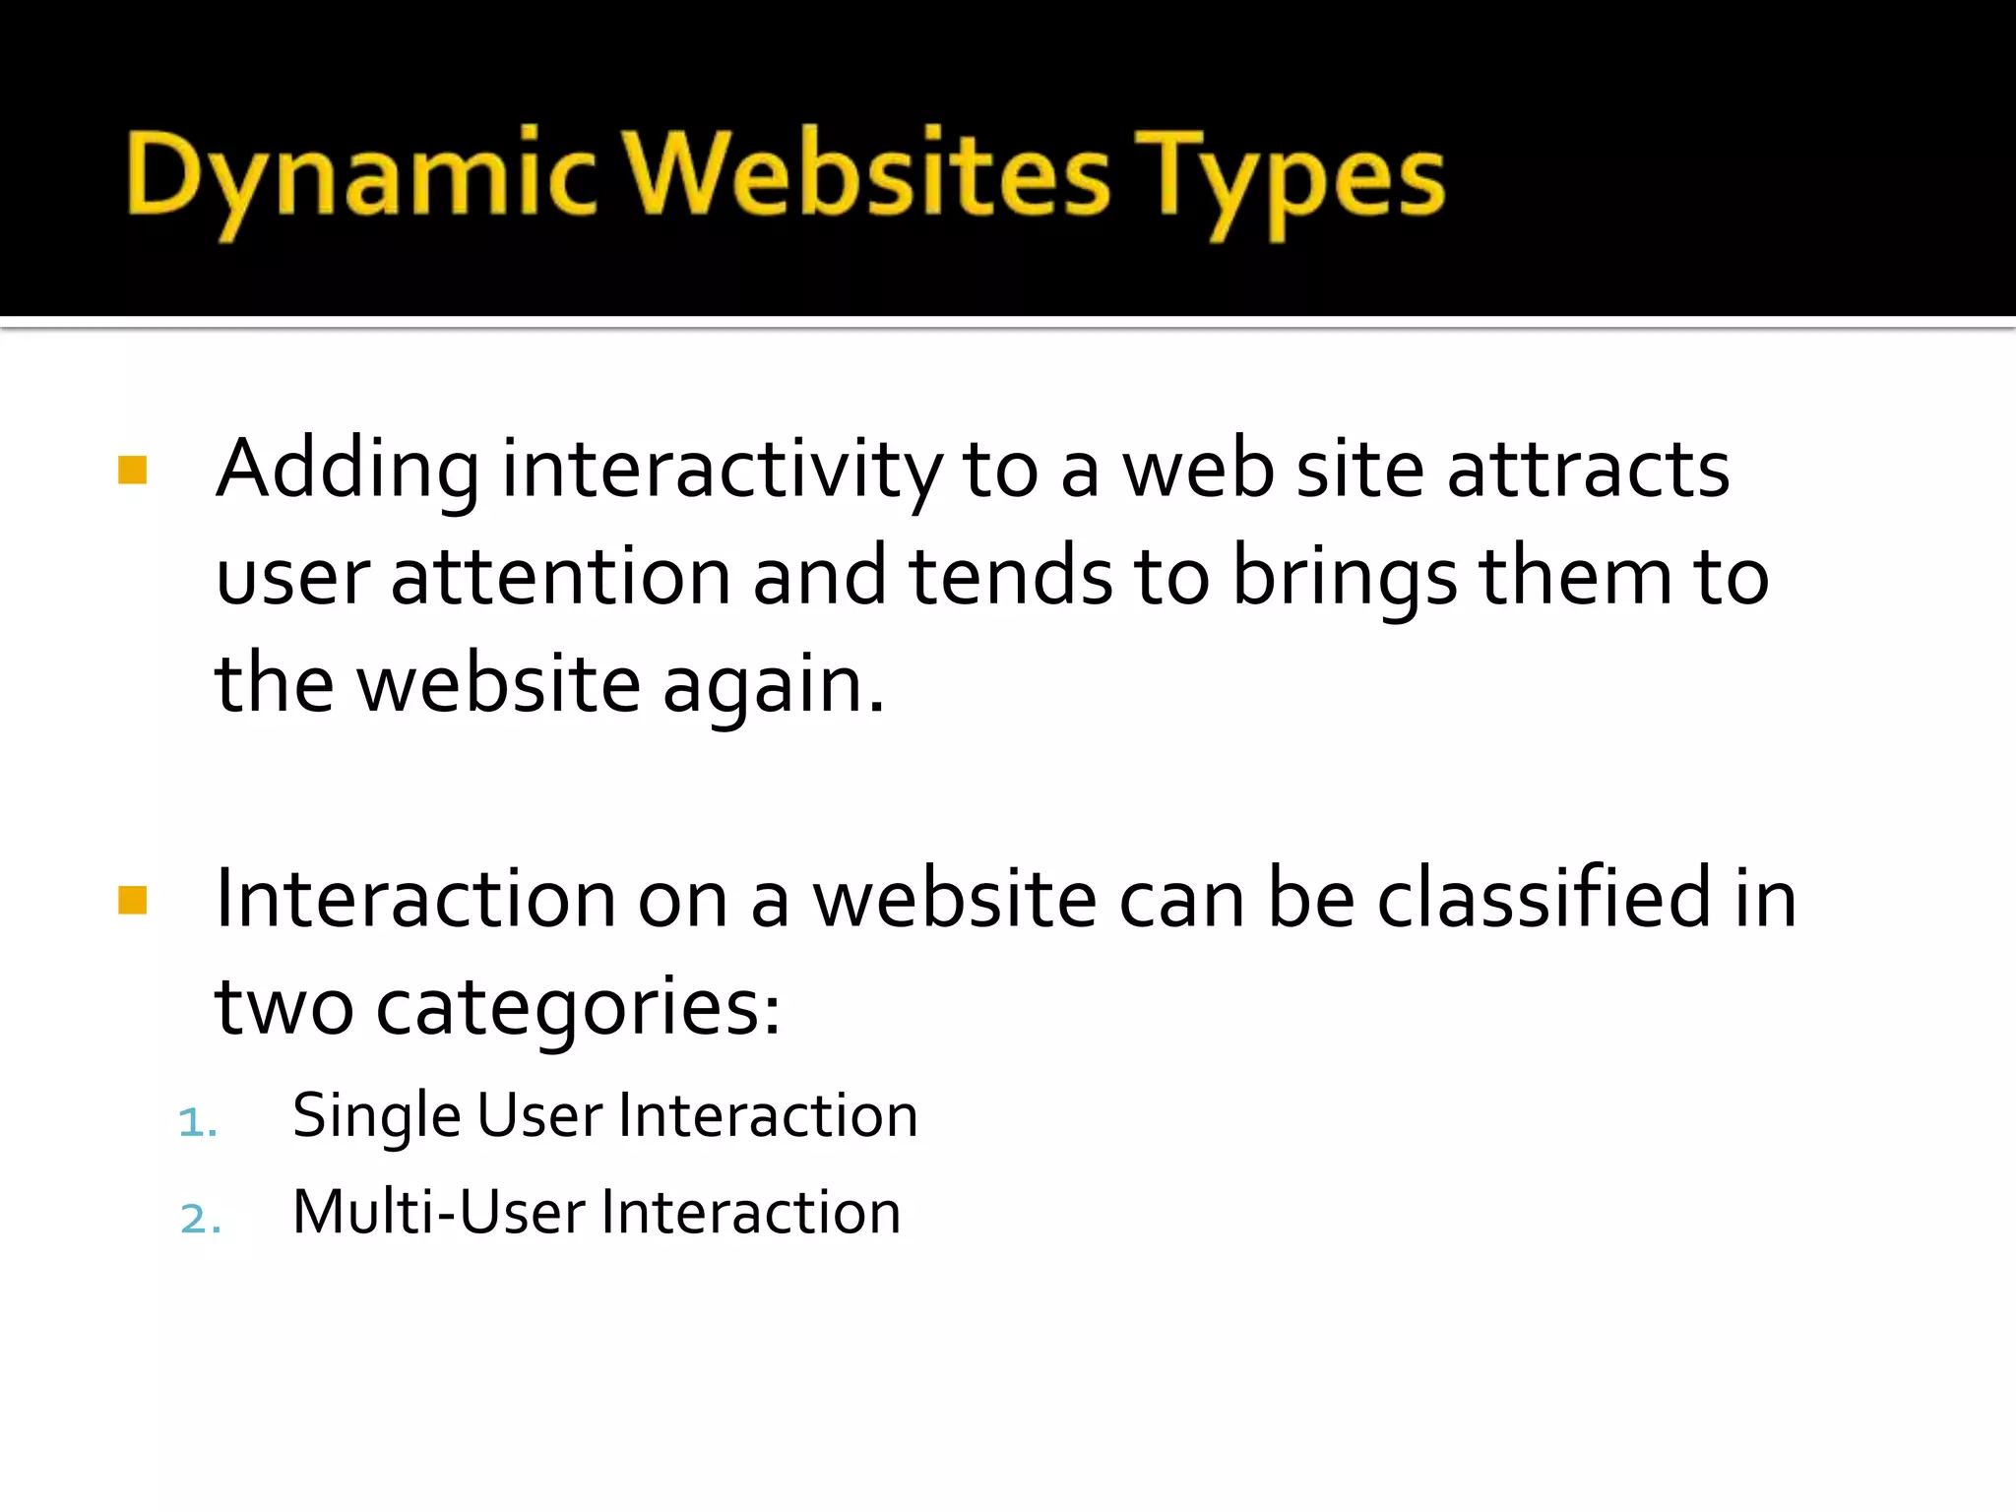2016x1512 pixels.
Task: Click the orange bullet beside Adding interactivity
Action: pos(132,470)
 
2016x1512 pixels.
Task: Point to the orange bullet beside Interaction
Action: pos(132,900)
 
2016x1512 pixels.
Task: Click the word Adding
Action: pos(347,471)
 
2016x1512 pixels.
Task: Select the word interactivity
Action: pos(722,471)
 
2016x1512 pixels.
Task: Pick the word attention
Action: pos(560,577)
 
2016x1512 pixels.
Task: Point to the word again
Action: pos(773,685)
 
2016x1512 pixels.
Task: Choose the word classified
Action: pos(1543,898)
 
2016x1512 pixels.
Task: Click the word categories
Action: pos(579,1009)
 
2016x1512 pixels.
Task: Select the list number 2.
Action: pos(200,1219)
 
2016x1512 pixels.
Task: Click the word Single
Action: pos(377,1117)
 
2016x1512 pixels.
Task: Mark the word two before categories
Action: pos(284,1007)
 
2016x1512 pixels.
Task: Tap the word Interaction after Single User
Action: pos(768,1116)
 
